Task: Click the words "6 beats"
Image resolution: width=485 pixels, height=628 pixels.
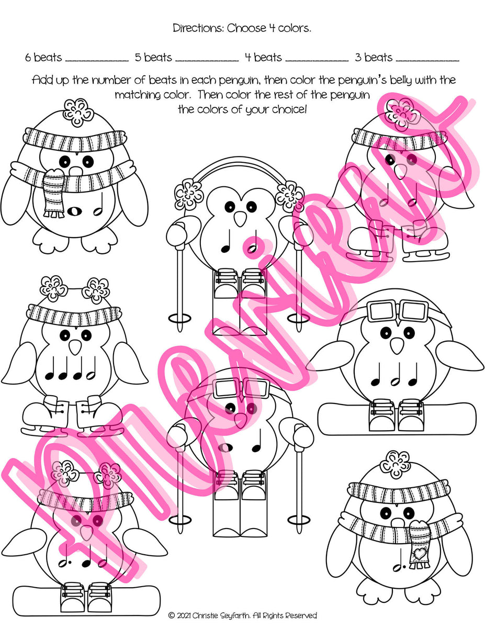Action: click(43, 58)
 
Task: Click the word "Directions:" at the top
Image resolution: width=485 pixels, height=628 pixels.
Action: click(198, 28)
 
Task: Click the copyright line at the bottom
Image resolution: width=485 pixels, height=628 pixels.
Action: click(242, 616)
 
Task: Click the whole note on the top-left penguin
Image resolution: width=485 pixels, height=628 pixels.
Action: click(75, 211)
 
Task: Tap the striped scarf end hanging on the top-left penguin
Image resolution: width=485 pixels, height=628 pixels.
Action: click(53, 193)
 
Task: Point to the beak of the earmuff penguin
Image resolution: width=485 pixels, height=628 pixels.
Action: click(239, 219)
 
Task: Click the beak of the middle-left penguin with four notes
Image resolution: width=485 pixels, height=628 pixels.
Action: click(76, 347)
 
